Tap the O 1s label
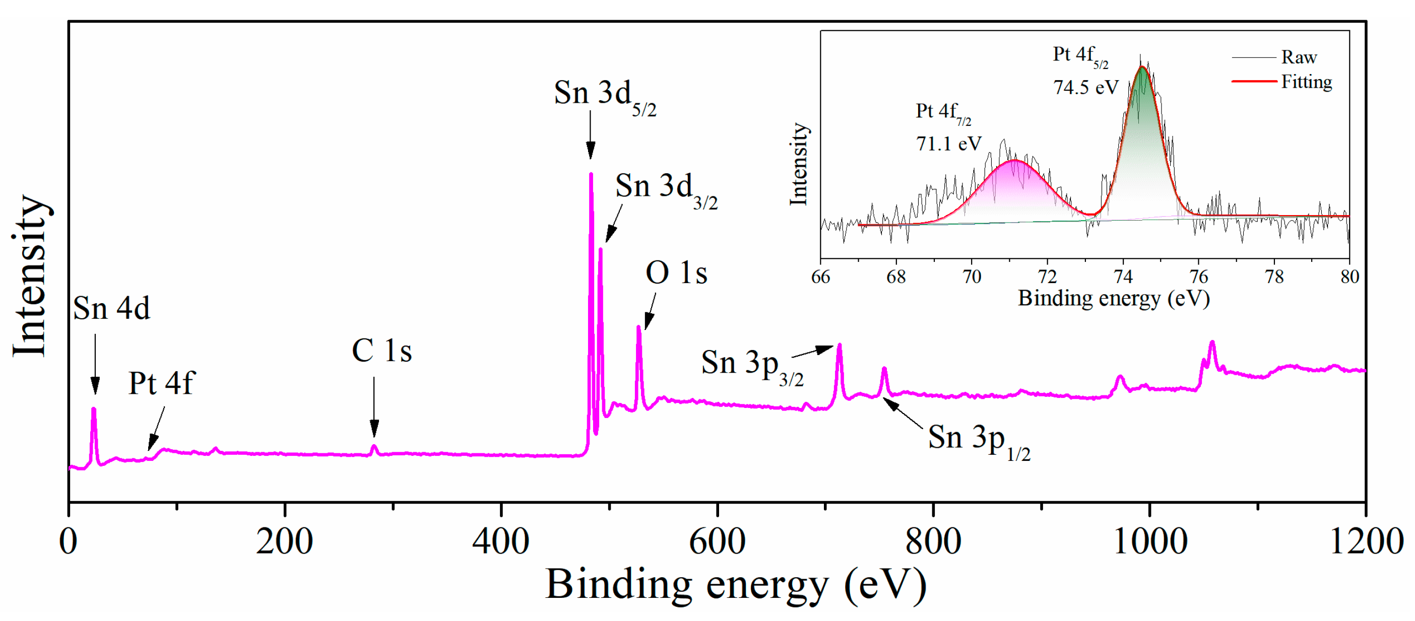click(676, 273)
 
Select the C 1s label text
click(381, 351)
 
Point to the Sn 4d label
click(111, 308)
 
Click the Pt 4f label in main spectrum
click(161, 383)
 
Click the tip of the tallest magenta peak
click(591, 175)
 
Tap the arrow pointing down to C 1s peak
click(374, 406)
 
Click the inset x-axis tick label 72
click(1047, 276)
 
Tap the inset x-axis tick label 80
click(1349, 276)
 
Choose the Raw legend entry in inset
click(1299, 57)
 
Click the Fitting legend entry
click(1306, 82)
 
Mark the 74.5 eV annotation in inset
click(1085, 87)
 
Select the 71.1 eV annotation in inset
click(948, 144)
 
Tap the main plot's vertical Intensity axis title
click(30, 274)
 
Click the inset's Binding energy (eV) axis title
click(1114, 298)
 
